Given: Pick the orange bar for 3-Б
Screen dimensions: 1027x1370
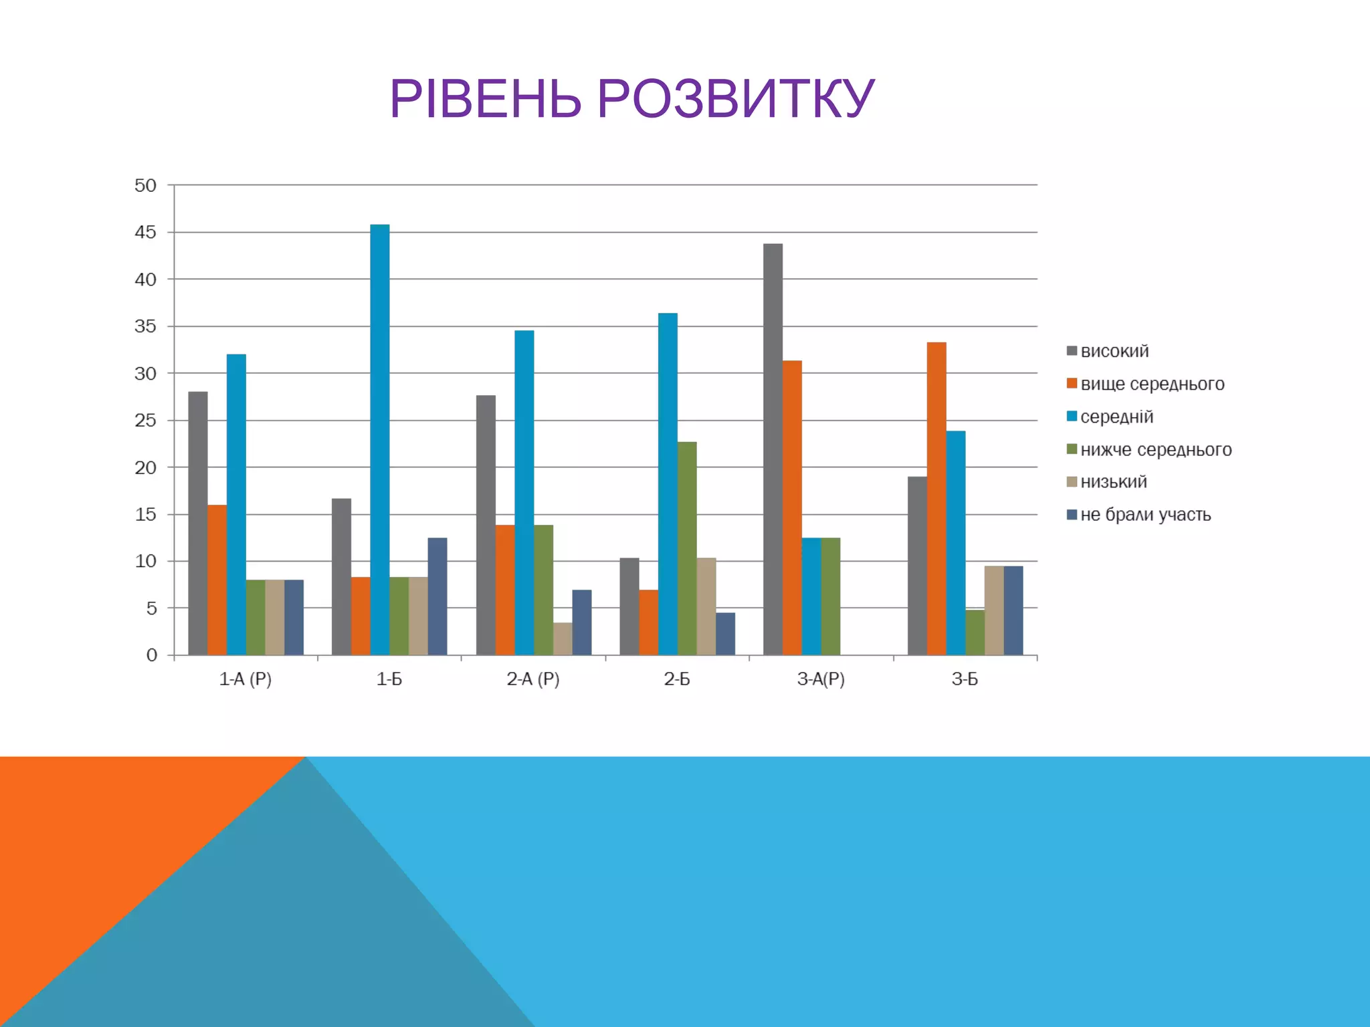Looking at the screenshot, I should (x=937, y=499).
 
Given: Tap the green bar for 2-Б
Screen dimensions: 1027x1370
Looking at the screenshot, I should (x=687, y=548).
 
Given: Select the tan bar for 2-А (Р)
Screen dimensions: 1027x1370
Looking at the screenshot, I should (x=563, y=639).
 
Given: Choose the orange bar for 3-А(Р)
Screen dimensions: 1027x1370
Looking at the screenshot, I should (x=792, y=508).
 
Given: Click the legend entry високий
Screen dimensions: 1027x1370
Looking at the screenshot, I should (x=1114, y=351).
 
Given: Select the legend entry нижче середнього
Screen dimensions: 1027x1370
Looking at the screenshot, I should (x=1155, y=449).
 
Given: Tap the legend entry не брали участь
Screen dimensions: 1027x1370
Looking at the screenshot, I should (x=1145, y=515).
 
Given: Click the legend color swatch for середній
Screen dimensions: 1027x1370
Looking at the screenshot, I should (x=1072, y=417).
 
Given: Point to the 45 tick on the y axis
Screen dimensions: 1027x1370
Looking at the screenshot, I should (x=145, y=233).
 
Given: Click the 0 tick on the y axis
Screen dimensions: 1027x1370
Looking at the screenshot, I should (x=152, y=655).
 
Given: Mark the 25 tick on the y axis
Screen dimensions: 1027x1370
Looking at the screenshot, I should (x=145, y=421).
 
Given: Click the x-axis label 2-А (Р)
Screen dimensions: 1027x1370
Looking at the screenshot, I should (x=533, y=679).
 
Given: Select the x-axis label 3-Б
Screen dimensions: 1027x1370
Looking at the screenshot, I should (x=965, y=679).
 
